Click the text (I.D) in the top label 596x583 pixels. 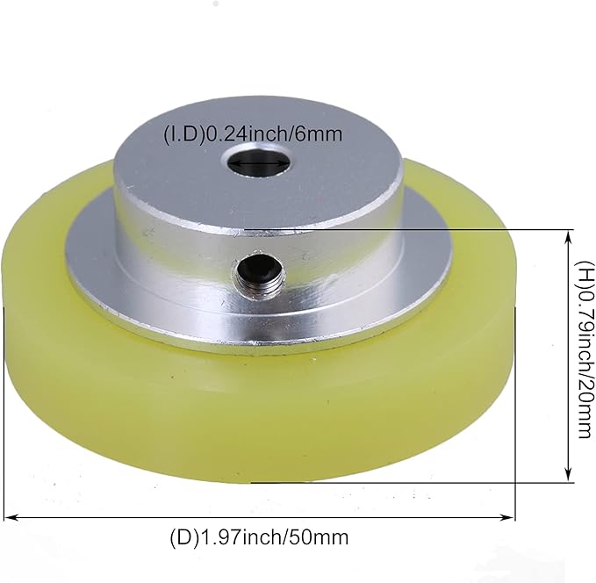(183, 134)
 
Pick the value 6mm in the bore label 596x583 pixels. (320, 134)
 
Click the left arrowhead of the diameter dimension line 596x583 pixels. (11, 518)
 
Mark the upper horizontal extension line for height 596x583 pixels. (492, 230)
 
